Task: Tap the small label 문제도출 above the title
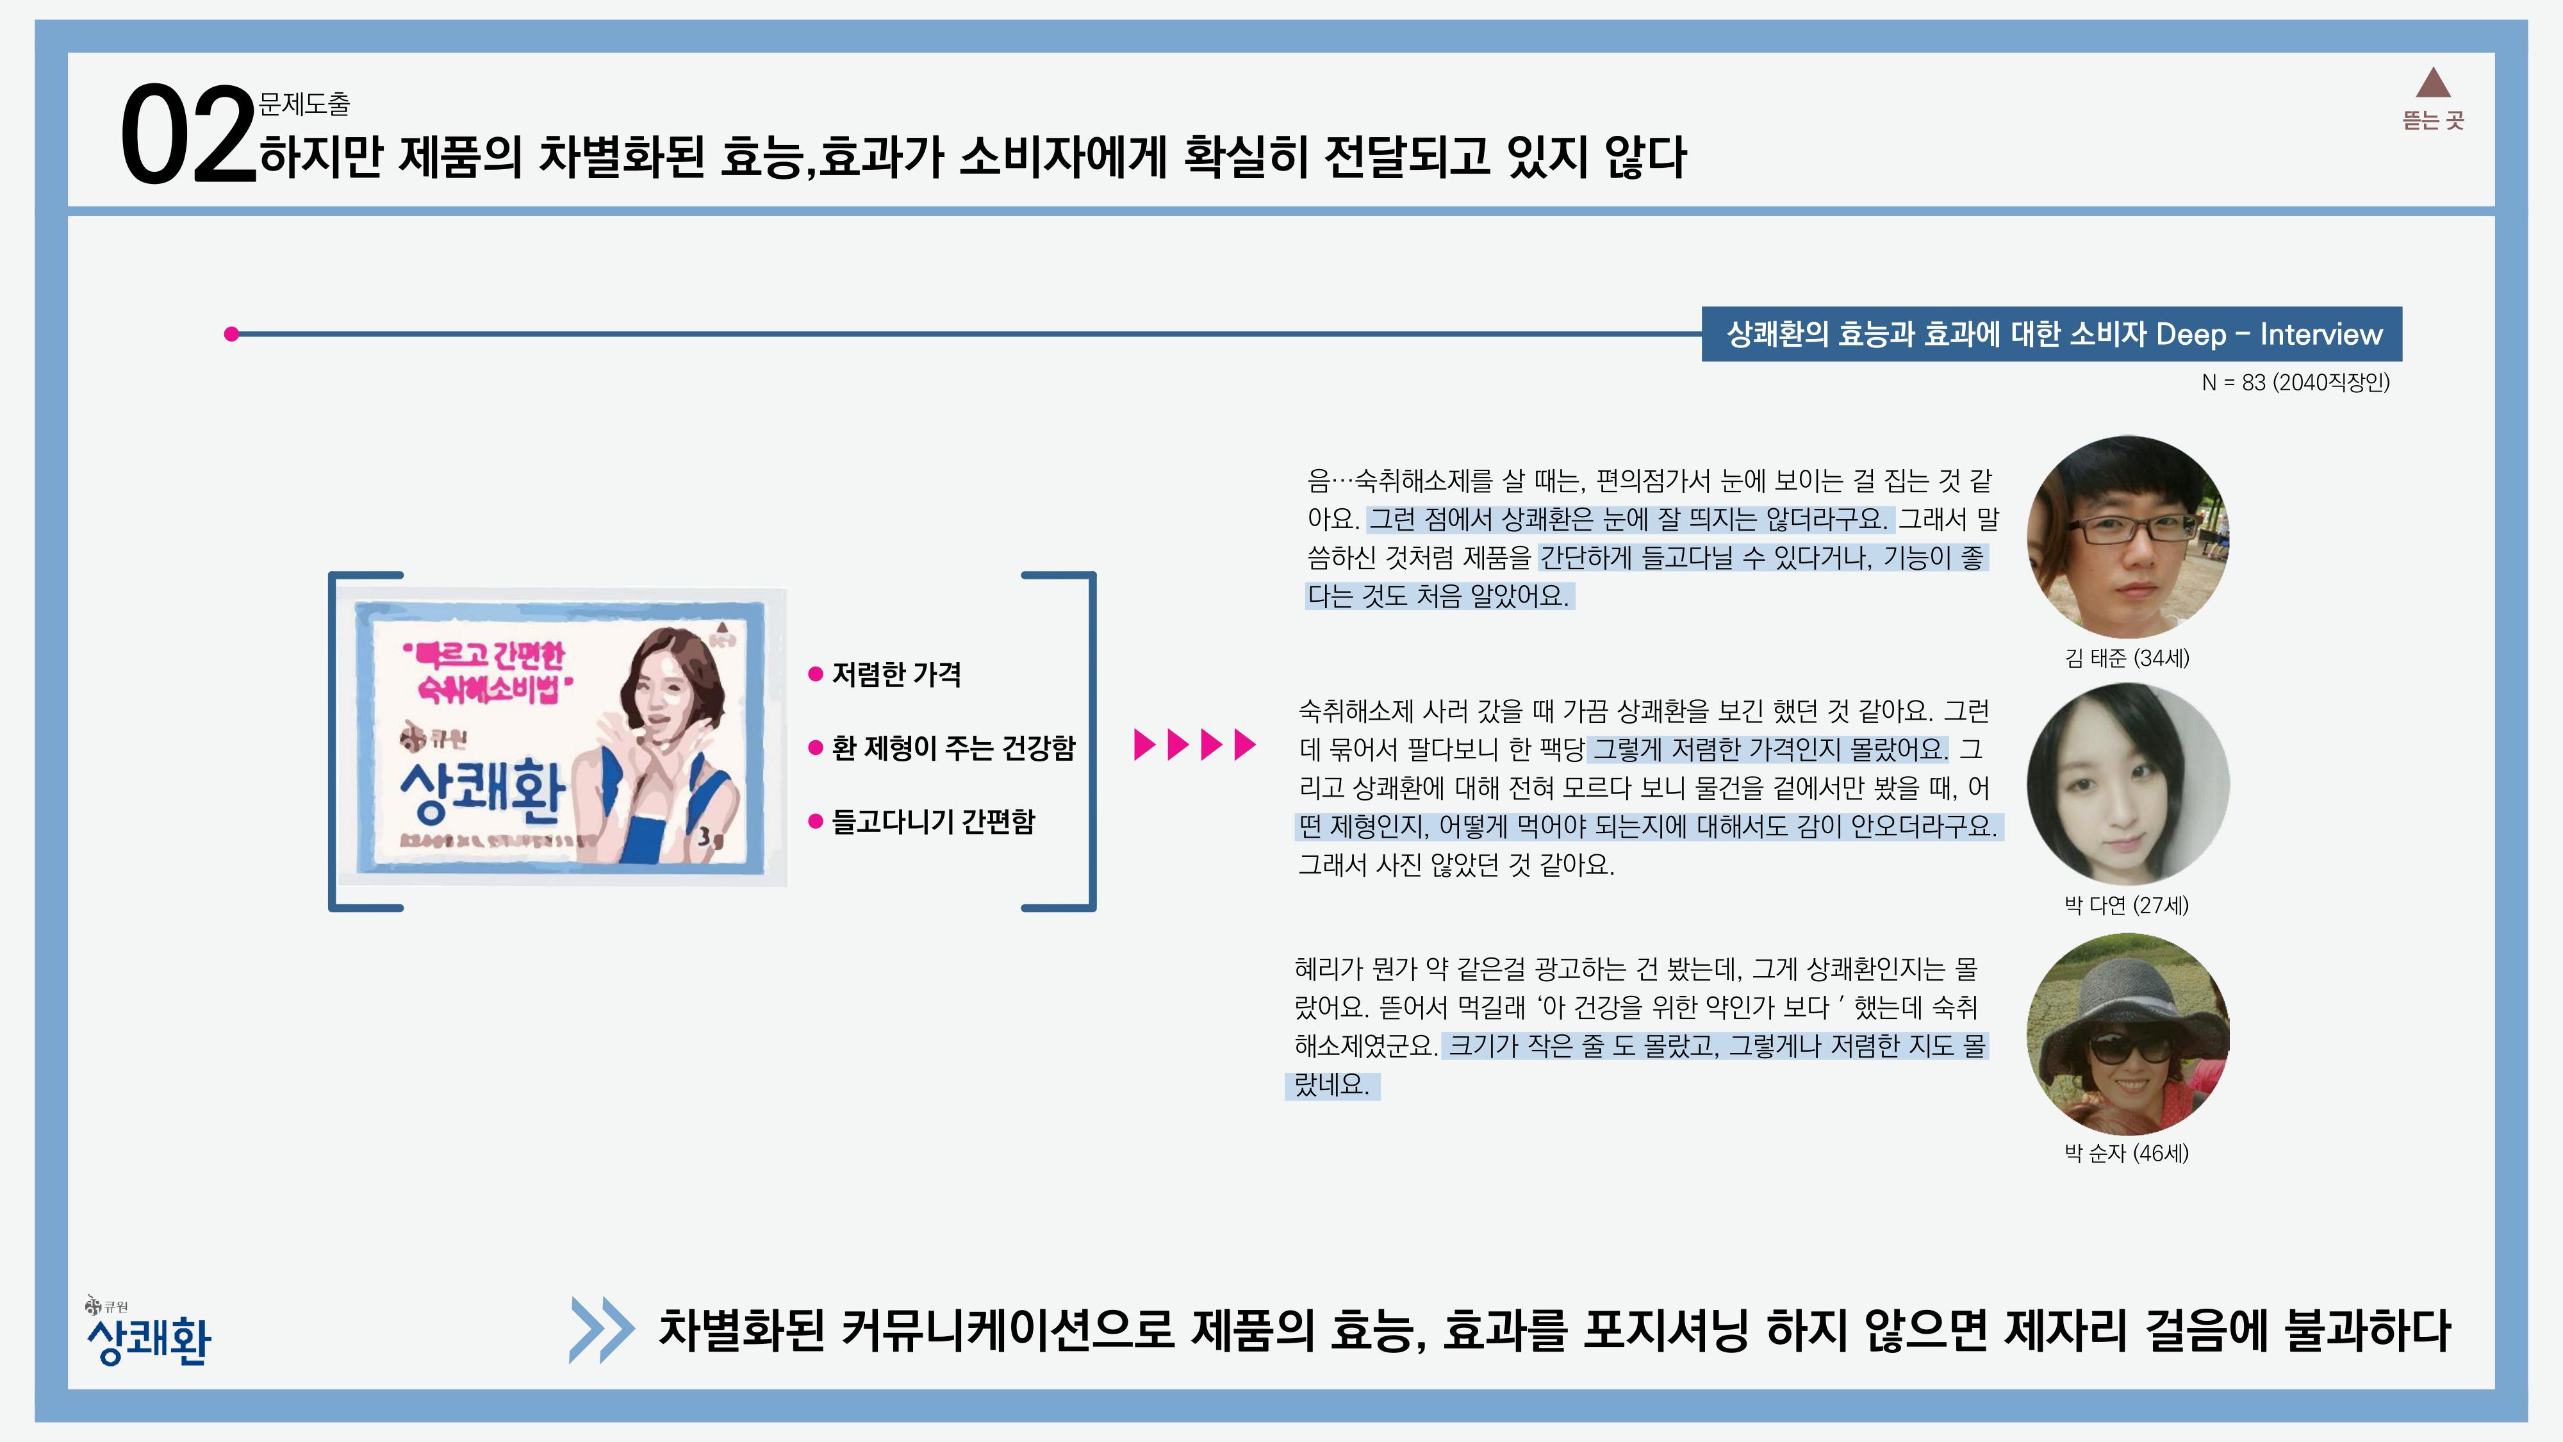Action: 304,103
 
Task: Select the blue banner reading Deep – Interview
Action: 2052,335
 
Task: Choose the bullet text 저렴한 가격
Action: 896,675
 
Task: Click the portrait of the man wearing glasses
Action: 2127,538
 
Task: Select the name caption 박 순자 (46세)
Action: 2126,1154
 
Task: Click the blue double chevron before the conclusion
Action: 602,1330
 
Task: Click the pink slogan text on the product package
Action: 488,672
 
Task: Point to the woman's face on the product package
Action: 666,686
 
